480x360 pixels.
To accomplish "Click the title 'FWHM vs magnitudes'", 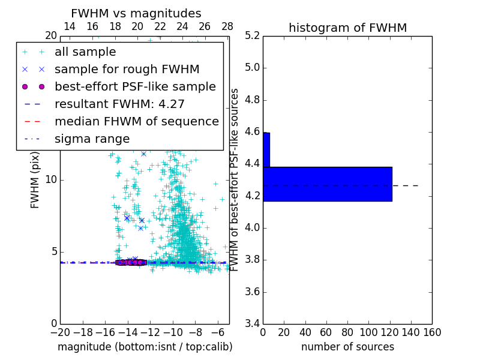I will click(x=136, y=13).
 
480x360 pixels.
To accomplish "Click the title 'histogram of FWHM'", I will click(x=347, y=28).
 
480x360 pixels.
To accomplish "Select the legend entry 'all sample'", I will click(x=85, y=52).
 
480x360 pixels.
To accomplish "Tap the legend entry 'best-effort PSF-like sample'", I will click(x=135, y=86).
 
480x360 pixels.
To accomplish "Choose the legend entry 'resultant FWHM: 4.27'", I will click(x=119, y=104).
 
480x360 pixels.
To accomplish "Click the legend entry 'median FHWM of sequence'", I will click(x=136, y=121).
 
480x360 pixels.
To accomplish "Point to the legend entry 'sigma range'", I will click(x=92, y=139).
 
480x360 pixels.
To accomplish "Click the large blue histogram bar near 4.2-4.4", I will click(x=327, y=184).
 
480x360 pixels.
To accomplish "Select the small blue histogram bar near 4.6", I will click(x=266, y=149).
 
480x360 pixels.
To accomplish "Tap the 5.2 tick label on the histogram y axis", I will click(x=253, y=35).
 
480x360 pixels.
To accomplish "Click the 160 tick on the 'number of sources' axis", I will click(x=432, y=332).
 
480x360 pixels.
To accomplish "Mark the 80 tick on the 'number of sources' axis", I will click(x=347, y=332).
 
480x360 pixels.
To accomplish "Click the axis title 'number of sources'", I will click(x=347, y=347).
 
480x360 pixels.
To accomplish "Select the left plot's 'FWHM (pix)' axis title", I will click(x=35, y=179).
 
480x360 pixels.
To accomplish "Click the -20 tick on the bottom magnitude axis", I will click(x=60, y=332).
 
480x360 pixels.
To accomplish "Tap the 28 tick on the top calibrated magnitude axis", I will click(x=227, y=26).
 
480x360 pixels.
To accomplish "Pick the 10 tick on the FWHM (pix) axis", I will click(x=52, y=180).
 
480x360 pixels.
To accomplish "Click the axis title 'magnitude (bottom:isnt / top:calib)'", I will click(x=145, y=347).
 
